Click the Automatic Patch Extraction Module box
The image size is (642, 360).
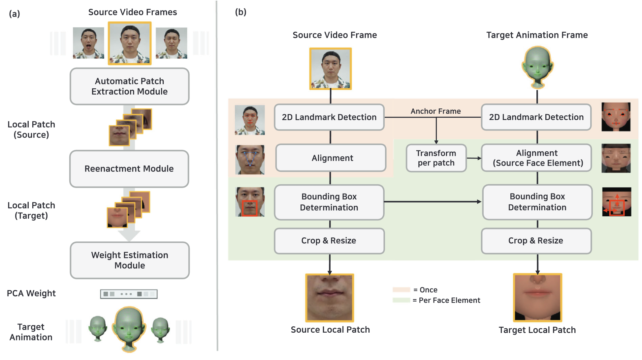(129, 86)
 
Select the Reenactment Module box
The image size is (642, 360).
(129, 169)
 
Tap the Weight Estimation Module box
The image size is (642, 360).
(130, 260)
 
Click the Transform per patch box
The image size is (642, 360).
(436, 158)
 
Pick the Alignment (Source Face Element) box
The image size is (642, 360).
(537, 158)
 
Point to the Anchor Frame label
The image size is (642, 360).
(435, 111)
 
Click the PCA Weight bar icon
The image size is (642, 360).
(129, 294)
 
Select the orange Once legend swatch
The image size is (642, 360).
(401, 290)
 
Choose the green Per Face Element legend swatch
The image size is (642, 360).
(401, 300)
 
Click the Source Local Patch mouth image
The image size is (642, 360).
(330, 298)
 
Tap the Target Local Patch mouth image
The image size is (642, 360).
(537, 298)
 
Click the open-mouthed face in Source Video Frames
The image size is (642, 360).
(88, 43)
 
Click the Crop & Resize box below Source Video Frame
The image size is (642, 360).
(329, 241)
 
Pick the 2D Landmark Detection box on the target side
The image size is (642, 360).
(536, 117)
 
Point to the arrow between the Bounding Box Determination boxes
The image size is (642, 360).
(432, 201)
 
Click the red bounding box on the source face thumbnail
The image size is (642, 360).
(250, 208)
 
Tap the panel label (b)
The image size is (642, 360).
(241, 12)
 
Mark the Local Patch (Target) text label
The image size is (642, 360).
(31, 210)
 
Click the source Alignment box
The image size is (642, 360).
(331, 158)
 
